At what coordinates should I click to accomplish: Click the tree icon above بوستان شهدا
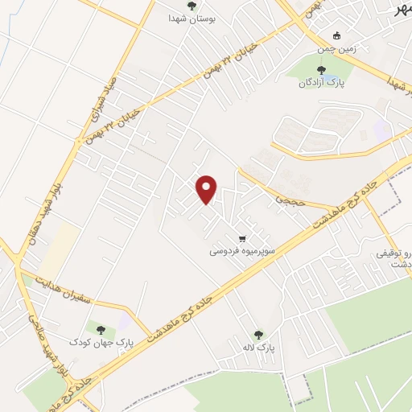(191, 6)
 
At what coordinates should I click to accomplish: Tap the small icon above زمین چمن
(336, 35)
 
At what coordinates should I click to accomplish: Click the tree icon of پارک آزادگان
(321, 71)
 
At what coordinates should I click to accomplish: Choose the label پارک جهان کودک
(101, 342)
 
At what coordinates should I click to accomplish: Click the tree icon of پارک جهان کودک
(101, 329)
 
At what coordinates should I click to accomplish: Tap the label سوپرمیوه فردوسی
(242, 251)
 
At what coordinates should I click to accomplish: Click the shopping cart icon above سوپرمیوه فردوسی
(241, 239)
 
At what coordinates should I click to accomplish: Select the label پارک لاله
(258, 348)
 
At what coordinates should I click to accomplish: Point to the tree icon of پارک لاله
(257, 335)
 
